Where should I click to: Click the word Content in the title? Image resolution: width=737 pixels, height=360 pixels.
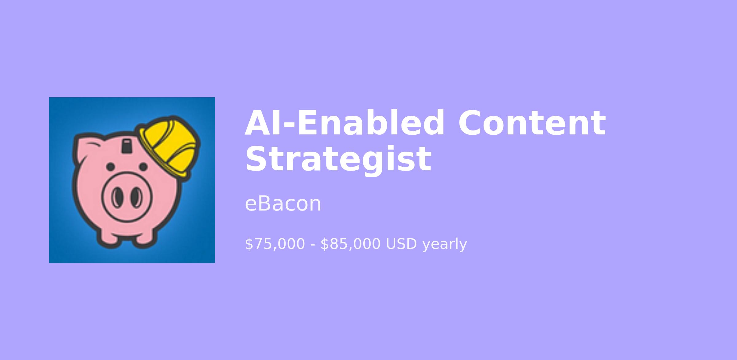pos(532,123)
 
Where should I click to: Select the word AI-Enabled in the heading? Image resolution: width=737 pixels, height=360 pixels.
pos(344,122)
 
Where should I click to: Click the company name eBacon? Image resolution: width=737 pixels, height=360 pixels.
pos(283,203)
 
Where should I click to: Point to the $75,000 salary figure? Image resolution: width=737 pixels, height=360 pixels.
pos(275,244)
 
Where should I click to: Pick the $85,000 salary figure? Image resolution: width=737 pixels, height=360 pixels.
pos(350,244)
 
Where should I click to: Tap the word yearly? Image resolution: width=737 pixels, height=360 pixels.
pos(445,245)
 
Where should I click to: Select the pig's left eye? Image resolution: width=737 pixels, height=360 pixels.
pos(111,167)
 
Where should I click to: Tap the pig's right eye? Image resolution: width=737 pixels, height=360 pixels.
pos(143,167)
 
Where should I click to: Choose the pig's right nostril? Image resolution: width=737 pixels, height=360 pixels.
pos(136,197)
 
